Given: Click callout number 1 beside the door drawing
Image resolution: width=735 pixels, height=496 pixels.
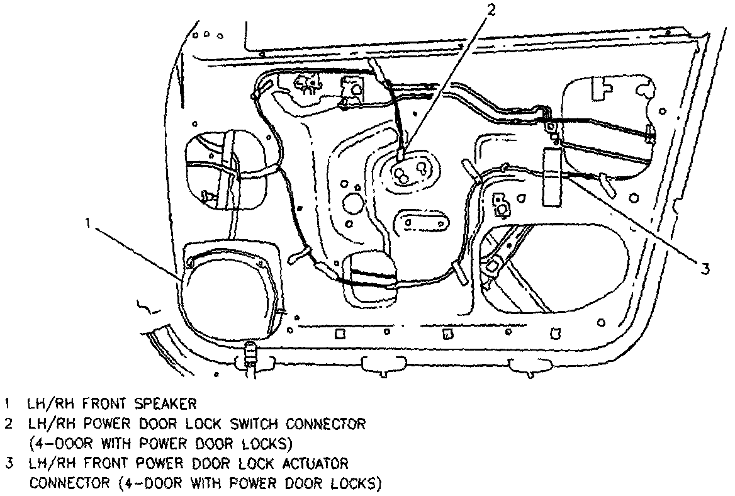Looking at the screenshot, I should [90, 222].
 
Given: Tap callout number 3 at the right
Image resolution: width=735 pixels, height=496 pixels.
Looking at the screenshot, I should [706, 269].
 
